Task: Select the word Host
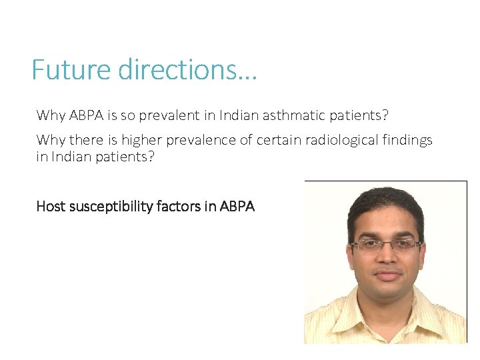50,207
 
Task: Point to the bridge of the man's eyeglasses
387,245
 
